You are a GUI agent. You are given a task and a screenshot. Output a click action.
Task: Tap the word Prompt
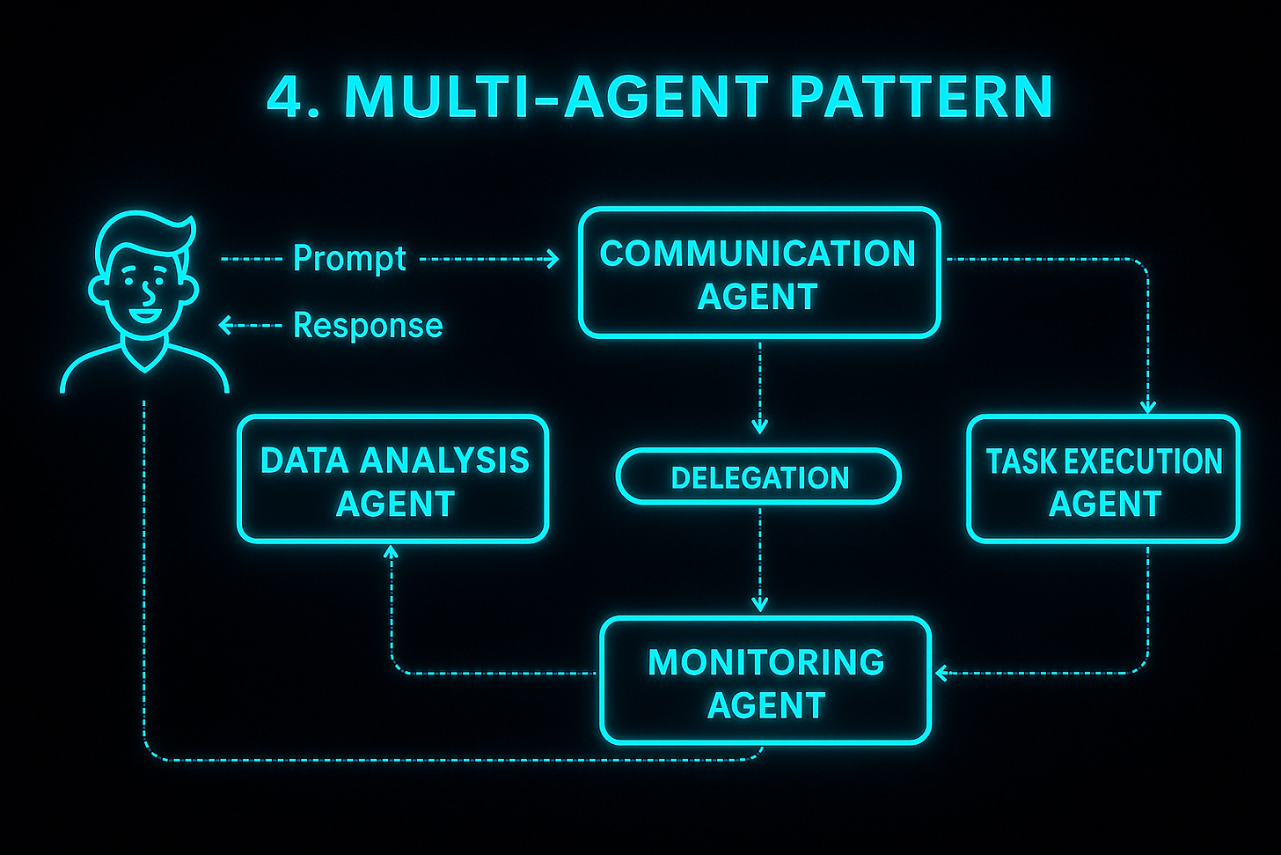click(x=349, y=258)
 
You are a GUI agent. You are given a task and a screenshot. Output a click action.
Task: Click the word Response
click(x=368, y=325)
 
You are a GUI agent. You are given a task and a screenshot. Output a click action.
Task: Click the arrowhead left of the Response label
click(x=225, y=326)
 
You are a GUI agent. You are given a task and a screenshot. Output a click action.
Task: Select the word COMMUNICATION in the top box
click(x=758, y=254)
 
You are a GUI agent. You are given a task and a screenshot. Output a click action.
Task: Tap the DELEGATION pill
click(x=758, y=477)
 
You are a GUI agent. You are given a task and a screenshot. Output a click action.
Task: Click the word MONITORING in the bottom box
click(x=765, y=662)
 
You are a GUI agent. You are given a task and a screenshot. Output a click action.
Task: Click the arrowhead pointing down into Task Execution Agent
click(x=1147, y=407)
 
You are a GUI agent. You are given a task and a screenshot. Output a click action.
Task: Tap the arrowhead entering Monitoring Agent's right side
click(x=941, y=674)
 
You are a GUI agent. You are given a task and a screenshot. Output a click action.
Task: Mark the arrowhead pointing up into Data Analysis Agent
click(x=392, y=552)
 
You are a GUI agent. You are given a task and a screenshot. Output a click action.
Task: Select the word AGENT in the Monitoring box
click(x=765, y=705)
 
